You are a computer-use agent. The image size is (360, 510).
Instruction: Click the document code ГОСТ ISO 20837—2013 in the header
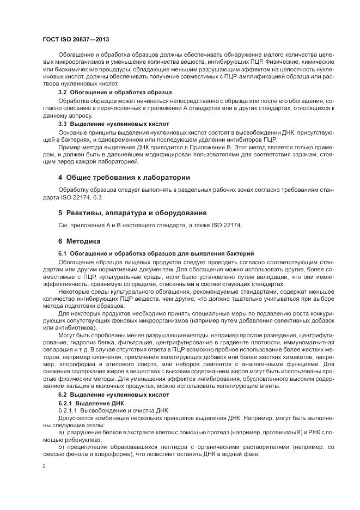pyautogui.click(x=76, y=40)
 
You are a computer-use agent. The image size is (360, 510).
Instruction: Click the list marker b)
pyautogui.click(x=61, y=446)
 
